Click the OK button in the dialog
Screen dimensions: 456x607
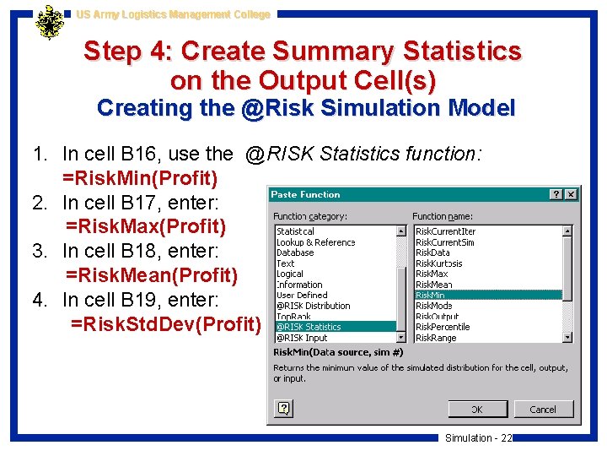coord(477,410)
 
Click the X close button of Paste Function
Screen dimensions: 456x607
coord(571,194)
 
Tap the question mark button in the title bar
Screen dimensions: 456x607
coord(556,194)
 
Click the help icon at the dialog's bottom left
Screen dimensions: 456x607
coord(284,409)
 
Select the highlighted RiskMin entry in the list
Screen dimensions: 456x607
coord(430,295)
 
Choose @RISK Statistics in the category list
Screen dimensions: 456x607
coord(309,327)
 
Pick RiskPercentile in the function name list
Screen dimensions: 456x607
coord(443,327)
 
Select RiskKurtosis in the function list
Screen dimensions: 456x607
coord(438,263)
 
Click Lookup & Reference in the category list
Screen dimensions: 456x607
coord(316,242)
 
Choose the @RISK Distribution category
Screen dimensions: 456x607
coord(314,306)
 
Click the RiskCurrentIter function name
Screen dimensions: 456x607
coord(445,231)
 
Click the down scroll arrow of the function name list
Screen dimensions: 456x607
coord(567,337)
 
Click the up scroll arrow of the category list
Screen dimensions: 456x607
coord(400,231)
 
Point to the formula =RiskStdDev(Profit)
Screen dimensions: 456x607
coord(166,324)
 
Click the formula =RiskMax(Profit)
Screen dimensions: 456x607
coord(146,226)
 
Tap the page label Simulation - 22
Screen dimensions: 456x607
coord(478,437)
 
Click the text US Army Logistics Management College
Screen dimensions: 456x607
coord(173,14)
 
